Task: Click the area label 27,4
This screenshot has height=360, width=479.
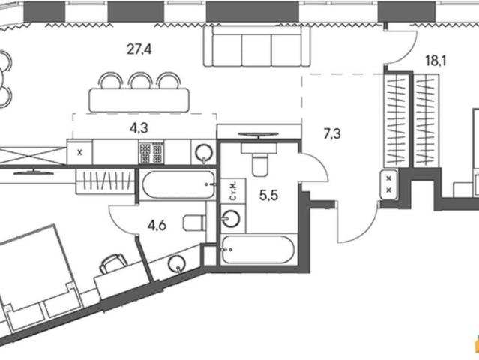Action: point(139,49)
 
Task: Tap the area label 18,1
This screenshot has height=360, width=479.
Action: point(436,61)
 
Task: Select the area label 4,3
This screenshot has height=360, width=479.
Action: point(139,128)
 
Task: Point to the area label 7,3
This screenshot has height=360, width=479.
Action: point(332,133)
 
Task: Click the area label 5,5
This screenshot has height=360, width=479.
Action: point(268,195)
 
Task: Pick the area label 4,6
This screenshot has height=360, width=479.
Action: point(157,226)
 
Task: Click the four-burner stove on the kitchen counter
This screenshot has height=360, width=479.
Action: point(151,152)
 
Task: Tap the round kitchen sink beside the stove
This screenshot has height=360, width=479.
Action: point(204,152)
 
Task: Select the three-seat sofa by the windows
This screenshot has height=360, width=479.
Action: point(257,46)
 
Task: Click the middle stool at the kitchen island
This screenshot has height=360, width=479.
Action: point(140,80)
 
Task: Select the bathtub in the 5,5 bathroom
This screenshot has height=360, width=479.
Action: point(259,249)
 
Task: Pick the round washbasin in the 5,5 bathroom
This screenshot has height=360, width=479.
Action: point(231,218)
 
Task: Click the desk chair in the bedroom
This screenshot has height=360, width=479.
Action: point(113,262)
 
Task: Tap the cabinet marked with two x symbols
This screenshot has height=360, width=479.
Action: point(388,184)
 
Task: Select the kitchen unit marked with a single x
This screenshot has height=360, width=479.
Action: point(79,152)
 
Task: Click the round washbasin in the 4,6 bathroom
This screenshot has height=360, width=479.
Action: point(177,264)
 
